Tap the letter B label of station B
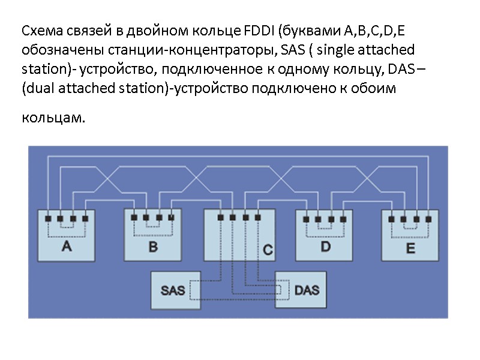[153, 247]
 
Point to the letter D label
[325, 247]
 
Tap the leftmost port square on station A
[47, 218]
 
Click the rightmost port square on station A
[85, 218]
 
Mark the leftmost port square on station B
[134, 218]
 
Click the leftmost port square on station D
[306, 218]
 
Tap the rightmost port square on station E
[430, 218]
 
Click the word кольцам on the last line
[50, 117]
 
